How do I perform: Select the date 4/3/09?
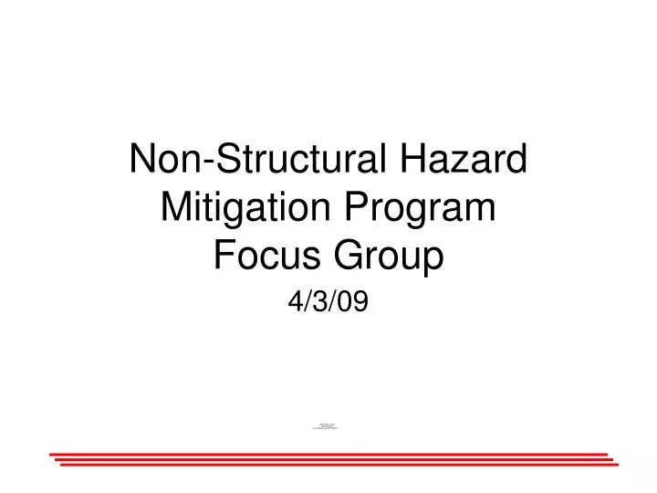328,304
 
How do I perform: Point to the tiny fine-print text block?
328,425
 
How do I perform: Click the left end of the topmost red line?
52,454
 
